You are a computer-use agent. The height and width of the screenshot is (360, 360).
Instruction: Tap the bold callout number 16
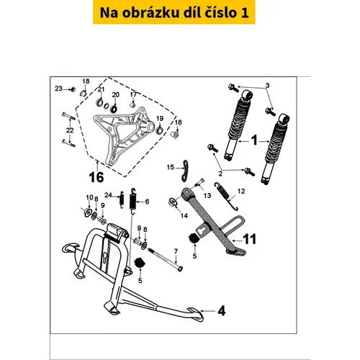tap(96, 177)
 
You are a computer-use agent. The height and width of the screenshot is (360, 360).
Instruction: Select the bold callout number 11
tap(250, 239)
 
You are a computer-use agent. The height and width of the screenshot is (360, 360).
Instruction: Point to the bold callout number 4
tap(221, 311)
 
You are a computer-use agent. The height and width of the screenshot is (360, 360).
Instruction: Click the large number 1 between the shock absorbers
tap(254, 140)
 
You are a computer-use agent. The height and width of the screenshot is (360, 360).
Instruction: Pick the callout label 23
tap(58, 89)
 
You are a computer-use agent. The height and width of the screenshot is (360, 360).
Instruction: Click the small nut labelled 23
tap(73, 89)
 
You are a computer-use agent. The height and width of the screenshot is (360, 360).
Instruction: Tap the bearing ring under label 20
tap(113, 109)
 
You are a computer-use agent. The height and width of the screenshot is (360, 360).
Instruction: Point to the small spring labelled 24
tap(122, 199)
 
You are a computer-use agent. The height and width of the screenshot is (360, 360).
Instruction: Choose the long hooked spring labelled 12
tap(226, 196)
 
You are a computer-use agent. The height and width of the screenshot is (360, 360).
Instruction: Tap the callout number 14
tap(184, 216)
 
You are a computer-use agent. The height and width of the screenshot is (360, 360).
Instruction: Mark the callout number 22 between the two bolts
tap(70, 130)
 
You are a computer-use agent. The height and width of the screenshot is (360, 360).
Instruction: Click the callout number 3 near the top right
tap(267, 85)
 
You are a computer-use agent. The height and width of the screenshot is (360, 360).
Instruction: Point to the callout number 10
tap(89, 197)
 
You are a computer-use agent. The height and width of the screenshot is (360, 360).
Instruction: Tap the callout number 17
tap(133, 94)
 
